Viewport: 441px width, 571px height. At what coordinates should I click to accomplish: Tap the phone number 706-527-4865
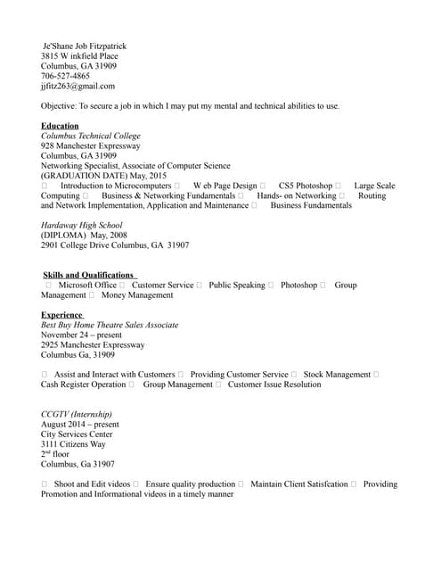65,77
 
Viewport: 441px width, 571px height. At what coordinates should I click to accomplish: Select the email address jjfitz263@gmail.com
78,87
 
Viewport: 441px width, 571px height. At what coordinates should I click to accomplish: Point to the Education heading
60,127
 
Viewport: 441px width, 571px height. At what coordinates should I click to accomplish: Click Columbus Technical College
91,137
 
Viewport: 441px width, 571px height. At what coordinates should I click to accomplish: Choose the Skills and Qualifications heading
89,275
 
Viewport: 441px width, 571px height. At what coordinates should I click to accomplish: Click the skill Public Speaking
236,285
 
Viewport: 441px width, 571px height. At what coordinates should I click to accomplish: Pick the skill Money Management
137,295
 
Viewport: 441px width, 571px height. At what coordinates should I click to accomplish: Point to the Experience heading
62,315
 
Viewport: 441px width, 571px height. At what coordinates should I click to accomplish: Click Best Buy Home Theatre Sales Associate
110,326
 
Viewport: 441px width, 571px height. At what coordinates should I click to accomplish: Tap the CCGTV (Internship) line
77,415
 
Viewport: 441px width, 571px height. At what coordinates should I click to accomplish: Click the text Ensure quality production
190,484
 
